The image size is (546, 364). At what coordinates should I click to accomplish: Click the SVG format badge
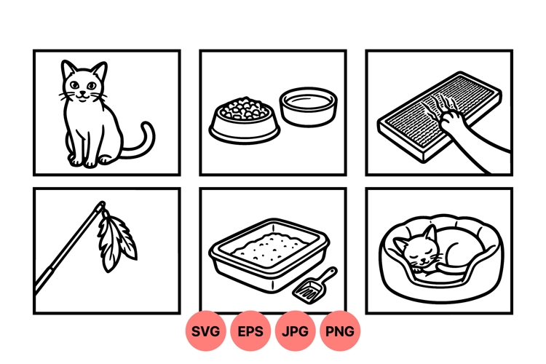tap(206, 331)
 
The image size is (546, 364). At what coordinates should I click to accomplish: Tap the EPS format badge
tap(250, 331)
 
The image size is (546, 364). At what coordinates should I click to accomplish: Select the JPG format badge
tap(295, 331)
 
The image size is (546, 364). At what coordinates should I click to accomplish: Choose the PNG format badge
tap(339, 331)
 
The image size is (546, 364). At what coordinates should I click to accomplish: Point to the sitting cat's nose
tap(82, 92)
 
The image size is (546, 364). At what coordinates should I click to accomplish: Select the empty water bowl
tap(308, 106)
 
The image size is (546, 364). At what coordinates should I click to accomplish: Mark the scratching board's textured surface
tap(419, 116)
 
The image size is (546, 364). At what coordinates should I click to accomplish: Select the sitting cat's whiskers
tap(64, 94)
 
